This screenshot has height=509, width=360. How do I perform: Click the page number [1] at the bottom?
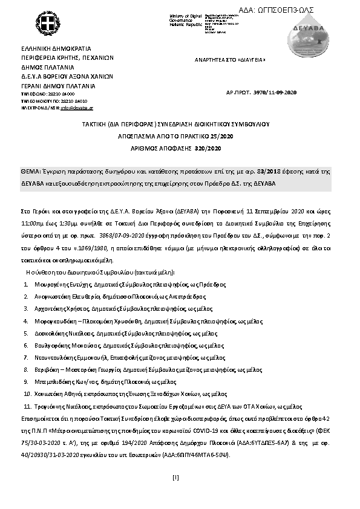coord(175,478)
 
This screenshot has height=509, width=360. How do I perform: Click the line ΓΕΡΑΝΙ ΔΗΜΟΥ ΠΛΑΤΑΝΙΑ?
coord(59,86)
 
